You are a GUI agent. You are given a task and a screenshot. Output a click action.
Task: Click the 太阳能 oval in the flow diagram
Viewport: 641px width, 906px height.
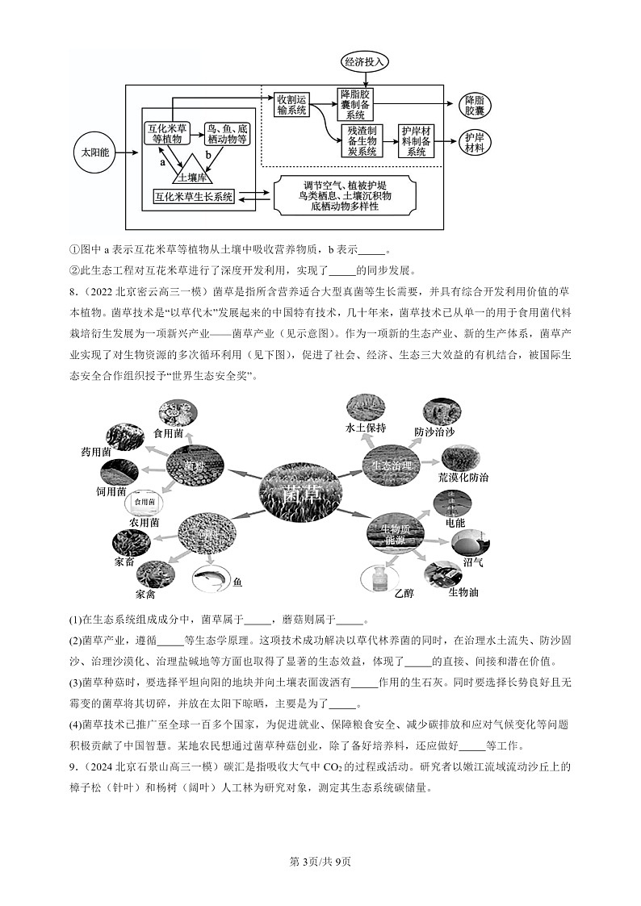point(95,152)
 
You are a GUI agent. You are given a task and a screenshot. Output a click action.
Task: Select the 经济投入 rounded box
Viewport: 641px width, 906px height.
point(367,62)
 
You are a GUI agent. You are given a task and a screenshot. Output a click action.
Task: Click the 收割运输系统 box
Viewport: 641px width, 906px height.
point(291,105)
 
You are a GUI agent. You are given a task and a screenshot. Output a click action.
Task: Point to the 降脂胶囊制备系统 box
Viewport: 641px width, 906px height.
point(356,104)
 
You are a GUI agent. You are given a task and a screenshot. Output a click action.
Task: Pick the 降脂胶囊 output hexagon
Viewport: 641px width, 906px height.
point(474,104)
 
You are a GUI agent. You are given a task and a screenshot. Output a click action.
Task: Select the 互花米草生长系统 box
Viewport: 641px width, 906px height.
point(193,196)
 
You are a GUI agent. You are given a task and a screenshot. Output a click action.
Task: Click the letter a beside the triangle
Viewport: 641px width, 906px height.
point(162,162)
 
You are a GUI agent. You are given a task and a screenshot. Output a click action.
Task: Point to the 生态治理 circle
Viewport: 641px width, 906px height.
point(392,466)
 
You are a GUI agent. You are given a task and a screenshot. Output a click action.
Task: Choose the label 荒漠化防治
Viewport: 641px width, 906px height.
point(463,477)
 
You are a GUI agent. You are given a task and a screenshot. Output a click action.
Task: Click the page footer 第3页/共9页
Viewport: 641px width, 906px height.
point(320,862)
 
